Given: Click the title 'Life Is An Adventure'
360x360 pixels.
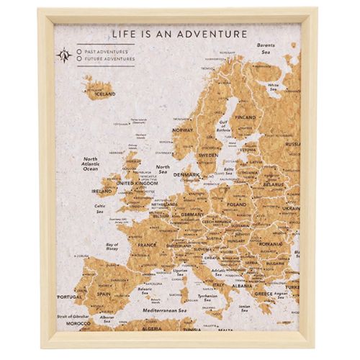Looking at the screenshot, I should [179, 34].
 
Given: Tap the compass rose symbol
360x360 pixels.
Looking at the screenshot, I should [66, 55].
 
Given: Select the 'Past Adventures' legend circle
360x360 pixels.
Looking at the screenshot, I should [79, 52].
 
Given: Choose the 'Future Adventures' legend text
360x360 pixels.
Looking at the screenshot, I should [109, 59].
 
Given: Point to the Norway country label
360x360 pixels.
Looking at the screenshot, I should [183, 130].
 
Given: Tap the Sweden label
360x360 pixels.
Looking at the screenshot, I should [208, 155].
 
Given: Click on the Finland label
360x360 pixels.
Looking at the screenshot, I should [246, 117].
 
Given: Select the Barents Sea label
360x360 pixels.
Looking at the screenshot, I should [267, 48].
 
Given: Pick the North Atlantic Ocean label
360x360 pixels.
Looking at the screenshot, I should [90, 163].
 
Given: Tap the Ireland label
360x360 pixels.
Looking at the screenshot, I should [102, 192].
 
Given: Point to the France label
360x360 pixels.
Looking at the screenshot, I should [147, 244].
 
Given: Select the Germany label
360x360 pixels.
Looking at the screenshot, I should [193, 215].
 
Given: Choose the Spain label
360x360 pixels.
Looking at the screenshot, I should [104, 294].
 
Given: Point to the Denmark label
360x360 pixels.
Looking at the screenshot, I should [186, 175].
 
